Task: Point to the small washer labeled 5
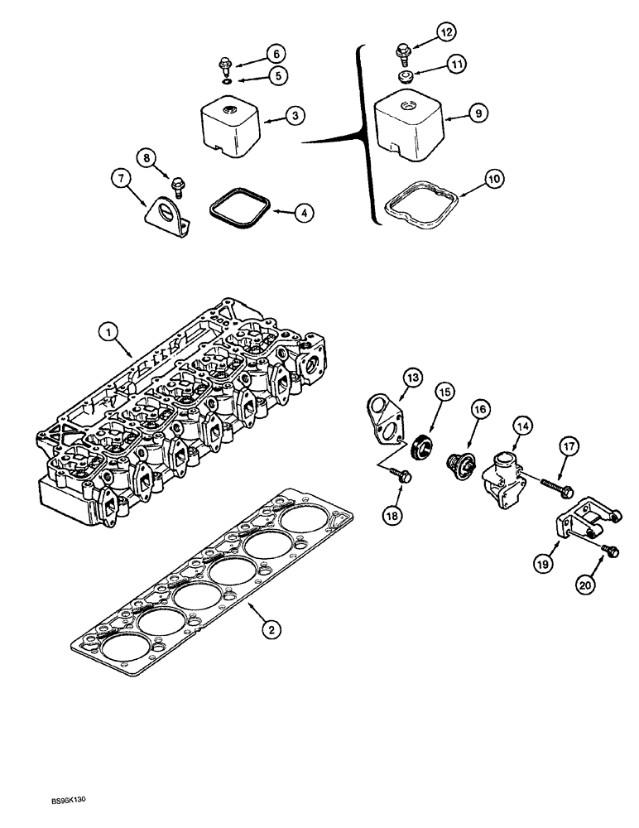226,82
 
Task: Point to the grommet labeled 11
406,75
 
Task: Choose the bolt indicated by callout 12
404,52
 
